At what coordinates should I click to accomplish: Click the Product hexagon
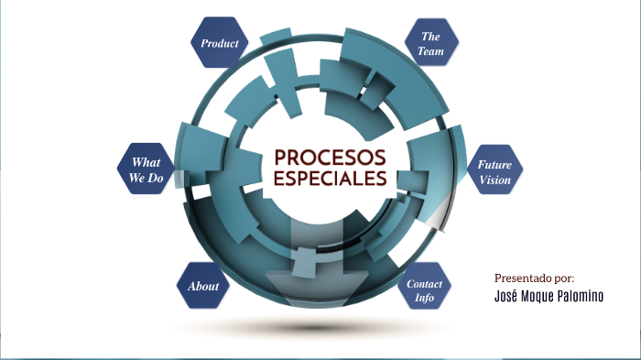point(220,43)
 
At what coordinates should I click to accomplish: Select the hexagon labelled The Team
point(430,44)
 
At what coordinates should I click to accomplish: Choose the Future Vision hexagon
point(494,172)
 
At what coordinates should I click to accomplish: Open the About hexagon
point(203,287)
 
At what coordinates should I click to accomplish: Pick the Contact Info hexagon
point(424,290)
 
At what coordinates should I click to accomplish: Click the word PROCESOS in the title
point(330,157)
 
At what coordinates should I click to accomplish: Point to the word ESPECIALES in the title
point(330,179)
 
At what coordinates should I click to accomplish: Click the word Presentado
point(524,278)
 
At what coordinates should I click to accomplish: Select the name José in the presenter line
point(509,296)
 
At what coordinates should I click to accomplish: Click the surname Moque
point(544,296)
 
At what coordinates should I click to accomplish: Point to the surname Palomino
point(588,296)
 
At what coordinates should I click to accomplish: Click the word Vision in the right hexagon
point(494,180)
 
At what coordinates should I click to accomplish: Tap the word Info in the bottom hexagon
point(424,299)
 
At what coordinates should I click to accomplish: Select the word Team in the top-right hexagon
point(430,52)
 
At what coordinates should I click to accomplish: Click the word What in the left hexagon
point(147,162)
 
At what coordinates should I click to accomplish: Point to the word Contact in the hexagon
point(424,284)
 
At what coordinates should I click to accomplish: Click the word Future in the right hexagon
point(494,165)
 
